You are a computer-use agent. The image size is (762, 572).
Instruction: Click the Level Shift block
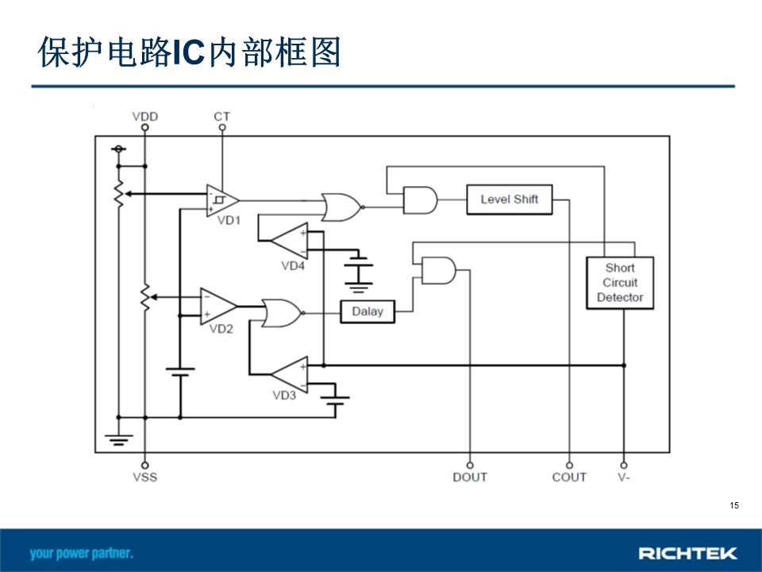pos(510,199)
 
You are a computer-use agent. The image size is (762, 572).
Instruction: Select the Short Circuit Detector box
pos(620,283)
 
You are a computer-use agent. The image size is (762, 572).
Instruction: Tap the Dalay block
pos(368,311)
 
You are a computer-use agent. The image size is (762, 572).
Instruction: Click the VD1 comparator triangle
pos(221,200)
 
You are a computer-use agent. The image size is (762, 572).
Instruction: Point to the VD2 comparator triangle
pos(217,307)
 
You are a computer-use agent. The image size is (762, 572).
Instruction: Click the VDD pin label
pos(144,117)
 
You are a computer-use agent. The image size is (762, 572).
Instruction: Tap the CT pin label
pos(221,117)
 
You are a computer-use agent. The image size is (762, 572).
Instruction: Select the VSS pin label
pos(144,477)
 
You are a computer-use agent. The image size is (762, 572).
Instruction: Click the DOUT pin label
pos(469,477)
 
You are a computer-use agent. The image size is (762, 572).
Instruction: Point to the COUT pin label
pos(569,477)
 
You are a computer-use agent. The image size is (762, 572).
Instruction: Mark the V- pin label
pos(624,477)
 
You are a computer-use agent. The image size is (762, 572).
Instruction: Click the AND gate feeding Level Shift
pos(420,200)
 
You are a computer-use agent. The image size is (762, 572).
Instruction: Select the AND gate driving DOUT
pos(439,270)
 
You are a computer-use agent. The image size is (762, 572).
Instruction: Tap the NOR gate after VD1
pos(342,207)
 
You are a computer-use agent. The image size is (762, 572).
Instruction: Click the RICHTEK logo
pos(687,553)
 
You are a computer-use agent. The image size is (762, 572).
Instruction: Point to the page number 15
pos(733,505)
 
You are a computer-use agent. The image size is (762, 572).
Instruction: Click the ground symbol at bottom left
pos(118,439)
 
